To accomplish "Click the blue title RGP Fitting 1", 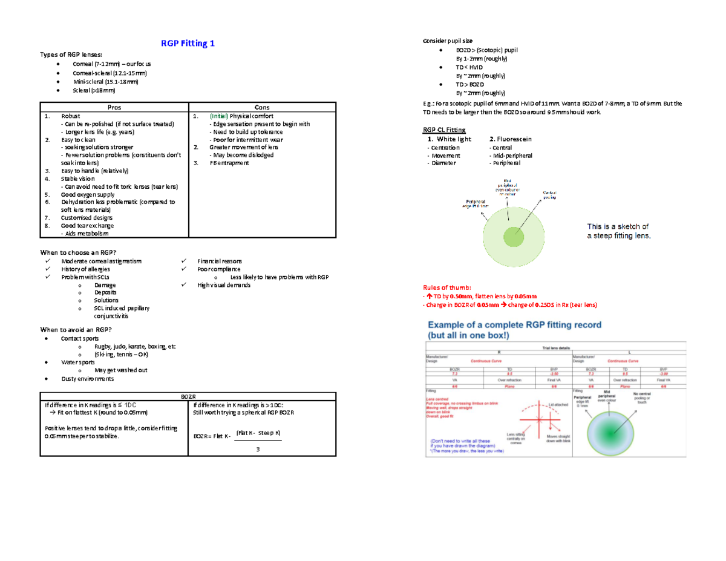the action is pos(186,44).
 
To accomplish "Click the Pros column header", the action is pos(114,107).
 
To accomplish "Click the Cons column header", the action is pos(263,107).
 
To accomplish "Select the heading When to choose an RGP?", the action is pos(77,252).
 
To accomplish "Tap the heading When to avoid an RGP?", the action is pos(76,329).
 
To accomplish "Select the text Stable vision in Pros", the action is pos(78,179).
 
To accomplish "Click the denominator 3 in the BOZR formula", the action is pos(258,450).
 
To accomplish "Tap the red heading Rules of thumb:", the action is pos(445,287).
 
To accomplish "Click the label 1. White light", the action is pos(449,140).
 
